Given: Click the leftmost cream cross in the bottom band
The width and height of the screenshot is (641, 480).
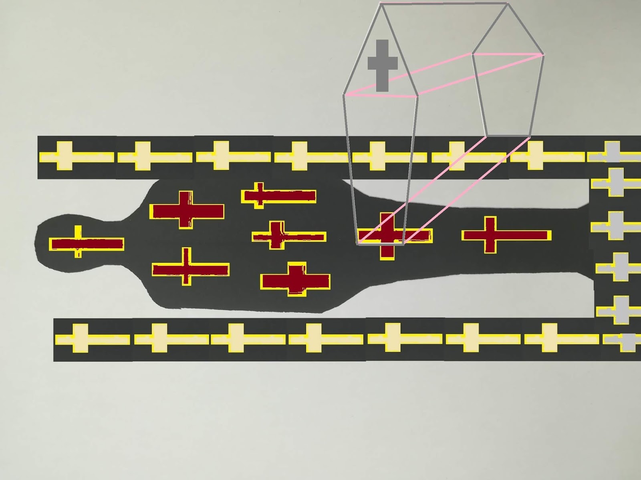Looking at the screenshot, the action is pyautogui.click(x=81, y=339).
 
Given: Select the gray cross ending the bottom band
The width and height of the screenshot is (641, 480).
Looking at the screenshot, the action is pyautogui.click(x=627, y=340).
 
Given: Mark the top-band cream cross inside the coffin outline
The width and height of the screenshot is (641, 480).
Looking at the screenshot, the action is pyautogui.click(x=377, y=156).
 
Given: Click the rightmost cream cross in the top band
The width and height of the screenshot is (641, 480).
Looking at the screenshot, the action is pyautogui.click(x=535, y=156).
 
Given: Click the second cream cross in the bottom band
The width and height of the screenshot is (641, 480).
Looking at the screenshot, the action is pyautogui.click(x=159, y=339).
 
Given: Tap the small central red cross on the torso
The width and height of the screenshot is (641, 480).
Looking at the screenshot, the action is pyautogui.click(x=276, y=236).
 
